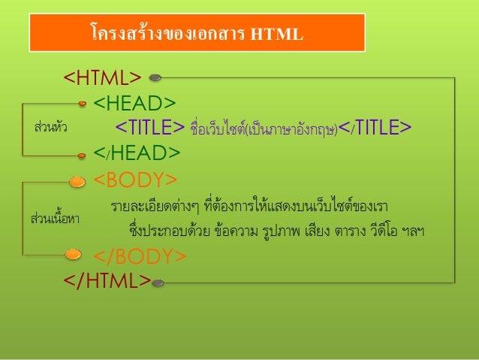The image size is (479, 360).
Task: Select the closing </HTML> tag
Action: click(x=106, y=281)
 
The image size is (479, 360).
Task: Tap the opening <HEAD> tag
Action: click(x=135, y=101)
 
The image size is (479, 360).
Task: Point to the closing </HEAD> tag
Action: click(x=137, y=153)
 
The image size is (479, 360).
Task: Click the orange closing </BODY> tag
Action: click(x=140, y=257)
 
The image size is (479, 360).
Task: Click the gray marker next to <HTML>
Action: click(x=155, y=77)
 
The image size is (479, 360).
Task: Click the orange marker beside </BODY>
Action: click(x=74, y=256)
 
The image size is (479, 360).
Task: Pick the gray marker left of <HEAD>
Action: click(x=83, y=103)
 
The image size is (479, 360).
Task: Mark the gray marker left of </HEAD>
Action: click(x=83, y=154)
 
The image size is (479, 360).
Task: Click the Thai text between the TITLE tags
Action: click(x=264, y=127)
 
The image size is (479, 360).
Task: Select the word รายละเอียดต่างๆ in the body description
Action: click(x=146, y=206)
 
